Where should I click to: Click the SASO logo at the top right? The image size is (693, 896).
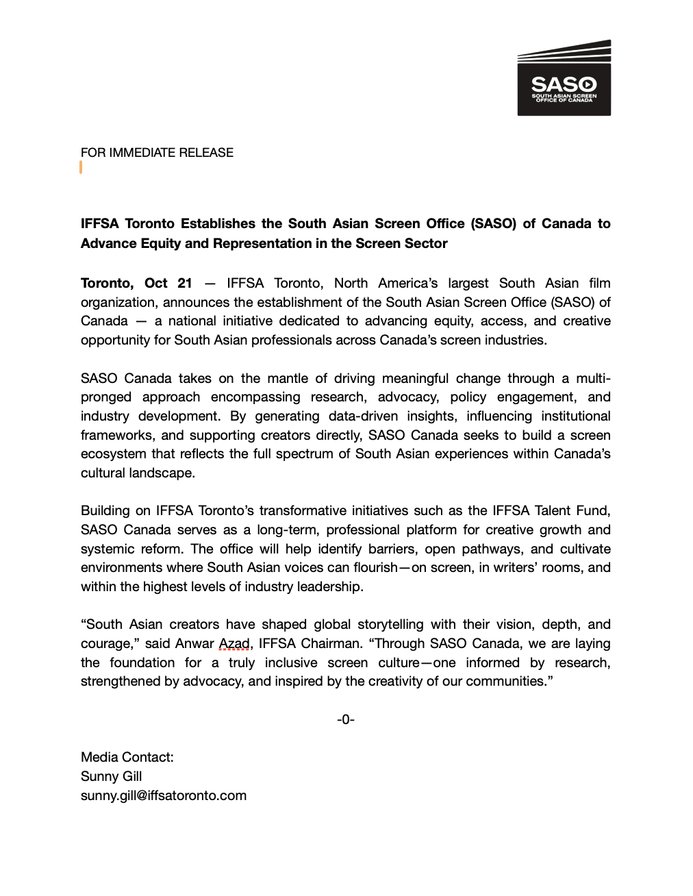tap(564, 77)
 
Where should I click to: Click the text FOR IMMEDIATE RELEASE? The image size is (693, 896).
tap(157, 153)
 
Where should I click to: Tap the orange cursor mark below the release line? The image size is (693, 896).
tap(81, 168)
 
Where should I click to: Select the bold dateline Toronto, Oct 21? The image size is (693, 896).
tap(136, 284)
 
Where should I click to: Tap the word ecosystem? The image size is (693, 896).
tap(113, 454)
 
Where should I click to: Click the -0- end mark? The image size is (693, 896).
tap(346, 719)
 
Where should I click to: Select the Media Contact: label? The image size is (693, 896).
tap(127, 757)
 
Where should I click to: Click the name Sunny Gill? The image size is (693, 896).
tap(112, 776)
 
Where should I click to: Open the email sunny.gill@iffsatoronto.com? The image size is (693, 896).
tap(164, 795)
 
